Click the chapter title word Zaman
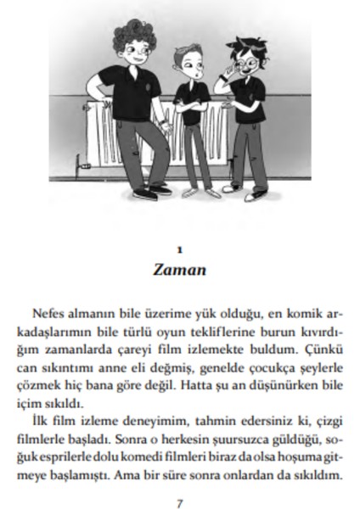(x=179, y=271)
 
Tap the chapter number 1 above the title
(x=179, y=250)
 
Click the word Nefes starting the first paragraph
(x=52, y=314)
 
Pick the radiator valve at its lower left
(x=82, y=171)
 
